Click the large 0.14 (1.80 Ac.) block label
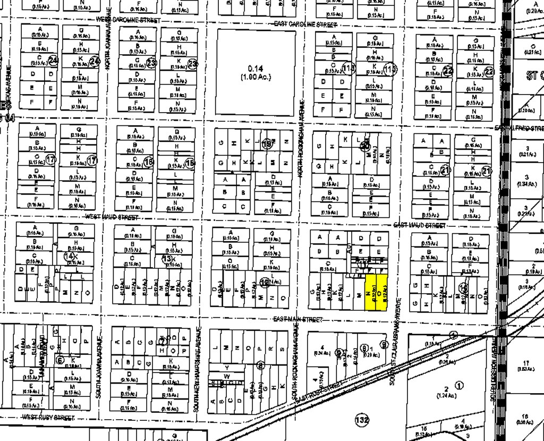(x=256, y=72)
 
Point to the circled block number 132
(x=362, y=421)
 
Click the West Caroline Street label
(x=127, y=20)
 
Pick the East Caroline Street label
(x=305, y=24)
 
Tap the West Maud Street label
(x=112, y=217)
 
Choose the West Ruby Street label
(x=49, y=418)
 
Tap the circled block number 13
(x=166, y=259)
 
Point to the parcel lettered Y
(x=227, y=368)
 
